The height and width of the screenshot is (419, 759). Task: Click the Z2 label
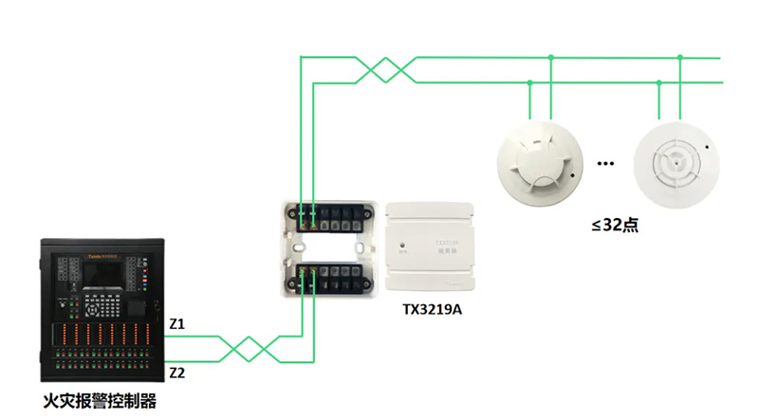tap(177, 373)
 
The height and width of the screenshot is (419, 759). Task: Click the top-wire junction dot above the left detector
tap(551, 58)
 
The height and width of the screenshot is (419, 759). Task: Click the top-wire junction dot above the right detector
tap(680, 58)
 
